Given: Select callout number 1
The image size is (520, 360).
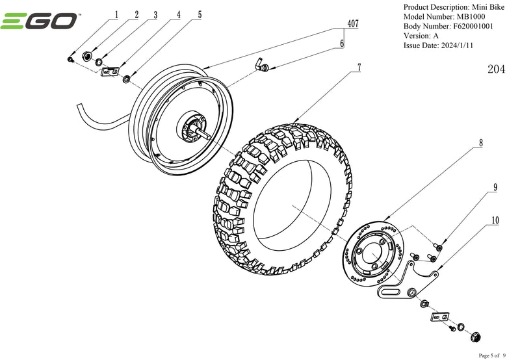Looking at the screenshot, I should [x=117, y=14].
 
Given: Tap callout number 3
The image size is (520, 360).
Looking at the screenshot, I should [x=155, y=14].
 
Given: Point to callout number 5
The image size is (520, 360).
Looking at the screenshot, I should [x=200, y=14].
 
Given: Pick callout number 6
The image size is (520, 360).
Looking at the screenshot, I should [x=342, y=44].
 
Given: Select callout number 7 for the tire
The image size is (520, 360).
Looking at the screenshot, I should [x=358, y=67].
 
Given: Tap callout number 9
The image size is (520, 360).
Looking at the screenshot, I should [x=495, y=187].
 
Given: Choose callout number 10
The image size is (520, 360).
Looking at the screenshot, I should [x=495, y=220].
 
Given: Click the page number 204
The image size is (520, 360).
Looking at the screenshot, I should [x=496, y=70].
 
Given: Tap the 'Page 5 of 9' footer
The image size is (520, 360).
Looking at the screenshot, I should [x=496, y=355].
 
